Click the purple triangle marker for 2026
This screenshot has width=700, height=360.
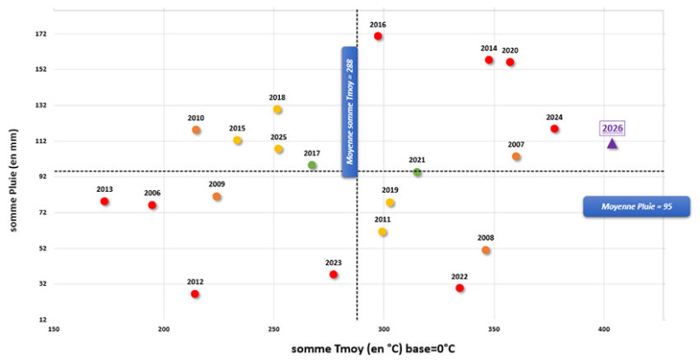coord(612,143)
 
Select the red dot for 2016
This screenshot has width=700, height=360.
coord(378,36)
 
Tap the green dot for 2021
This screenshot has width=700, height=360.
coord(417,172)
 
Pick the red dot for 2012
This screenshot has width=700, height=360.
coord(195,294)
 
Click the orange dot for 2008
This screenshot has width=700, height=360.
coord(486,251)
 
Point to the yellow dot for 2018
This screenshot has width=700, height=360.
coord(277,110)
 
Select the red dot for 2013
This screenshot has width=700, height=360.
coord(104,201)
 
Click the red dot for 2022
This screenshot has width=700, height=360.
coord(460,288)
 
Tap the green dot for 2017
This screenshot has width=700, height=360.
coord(312,165)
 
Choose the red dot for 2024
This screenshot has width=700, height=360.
coord(554,129)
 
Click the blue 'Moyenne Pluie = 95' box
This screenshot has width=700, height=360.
coord(635,206)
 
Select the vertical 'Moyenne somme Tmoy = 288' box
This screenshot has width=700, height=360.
coord(349,112)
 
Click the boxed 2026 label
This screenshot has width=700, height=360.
coord(612,129)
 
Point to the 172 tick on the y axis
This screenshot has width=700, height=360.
coord(41,34)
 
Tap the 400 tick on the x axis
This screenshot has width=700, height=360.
coord(604,328)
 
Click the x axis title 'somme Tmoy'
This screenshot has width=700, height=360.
coord(356,348)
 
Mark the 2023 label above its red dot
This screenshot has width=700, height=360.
coord(333,263)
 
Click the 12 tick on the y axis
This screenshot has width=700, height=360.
coord(43,319)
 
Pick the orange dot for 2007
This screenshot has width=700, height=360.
coord(516,157)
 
